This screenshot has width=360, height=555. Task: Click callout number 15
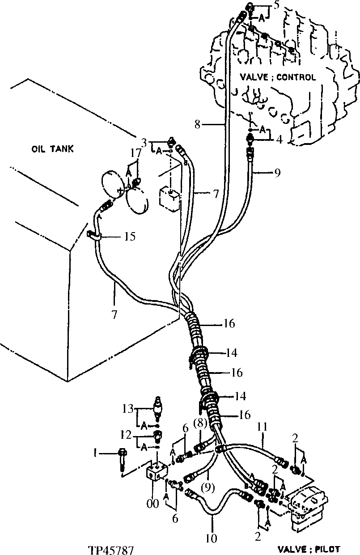click(x=129, y=236)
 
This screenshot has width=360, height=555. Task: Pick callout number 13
click(x=127, y=408)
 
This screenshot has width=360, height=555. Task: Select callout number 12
click(x=127, y=434)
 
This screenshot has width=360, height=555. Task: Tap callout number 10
click(x=211, y=538)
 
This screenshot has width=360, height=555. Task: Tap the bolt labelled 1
click(x=122, y=461)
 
